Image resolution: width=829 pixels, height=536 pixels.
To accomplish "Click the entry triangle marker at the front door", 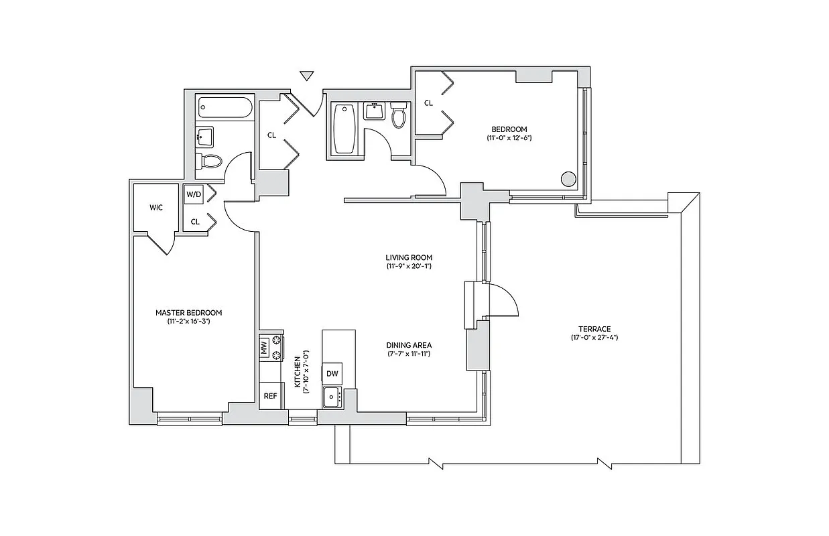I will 307,76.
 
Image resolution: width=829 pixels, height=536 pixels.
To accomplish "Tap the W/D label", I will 194,195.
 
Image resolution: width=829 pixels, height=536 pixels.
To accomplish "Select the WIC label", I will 156,207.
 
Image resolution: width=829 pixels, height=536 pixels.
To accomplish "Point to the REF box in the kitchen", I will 270,396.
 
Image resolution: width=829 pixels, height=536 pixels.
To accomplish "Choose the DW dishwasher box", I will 332,373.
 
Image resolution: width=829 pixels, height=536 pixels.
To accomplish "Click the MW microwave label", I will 264,348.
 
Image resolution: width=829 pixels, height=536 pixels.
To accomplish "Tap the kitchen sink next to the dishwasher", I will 332,397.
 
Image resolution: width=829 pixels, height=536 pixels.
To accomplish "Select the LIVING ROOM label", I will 409,257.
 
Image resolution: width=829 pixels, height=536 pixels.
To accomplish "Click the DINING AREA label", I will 409,345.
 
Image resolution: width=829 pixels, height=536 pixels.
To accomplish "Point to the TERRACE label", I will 594,328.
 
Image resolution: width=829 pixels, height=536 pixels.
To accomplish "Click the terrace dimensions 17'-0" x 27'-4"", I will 594,338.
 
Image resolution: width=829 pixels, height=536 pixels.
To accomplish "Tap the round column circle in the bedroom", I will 568,179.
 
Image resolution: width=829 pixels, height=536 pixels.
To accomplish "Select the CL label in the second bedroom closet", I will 428,103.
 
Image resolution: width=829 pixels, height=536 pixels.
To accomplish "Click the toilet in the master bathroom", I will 210,161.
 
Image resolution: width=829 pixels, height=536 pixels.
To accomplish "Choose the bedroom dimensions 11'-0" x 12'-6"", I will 509,138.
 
